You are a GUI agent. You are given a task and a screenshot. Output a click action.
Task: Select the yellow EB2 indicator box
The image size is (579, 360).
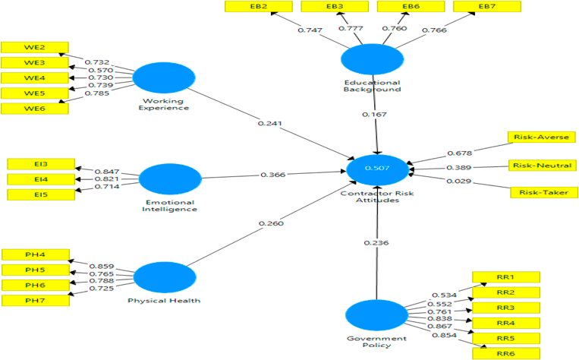[259, 7]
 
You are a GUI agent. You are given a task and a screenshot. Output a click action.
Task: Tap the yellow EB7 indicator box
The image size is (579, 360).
[486, 7]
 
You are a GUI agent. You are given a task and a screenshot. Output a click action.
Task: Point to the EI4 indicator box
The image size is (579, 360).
[40, 179]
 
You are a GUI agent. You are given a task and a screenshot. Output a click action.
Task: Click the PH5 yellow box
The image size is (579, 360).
[36, 270]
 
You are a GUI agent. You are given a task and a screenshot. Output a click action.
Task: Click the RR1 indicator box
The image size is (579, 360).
[505, 277]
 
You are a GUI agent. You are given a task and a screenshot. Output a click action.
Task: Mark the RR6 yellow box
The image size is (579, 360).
[505, 353]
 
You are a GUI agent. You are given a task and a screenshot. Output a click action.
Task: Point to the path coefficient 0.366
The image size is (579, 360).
[272, 175]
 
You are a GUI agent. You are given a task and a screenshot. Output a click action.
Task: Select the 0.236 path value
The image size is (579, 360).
[376, 243]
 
